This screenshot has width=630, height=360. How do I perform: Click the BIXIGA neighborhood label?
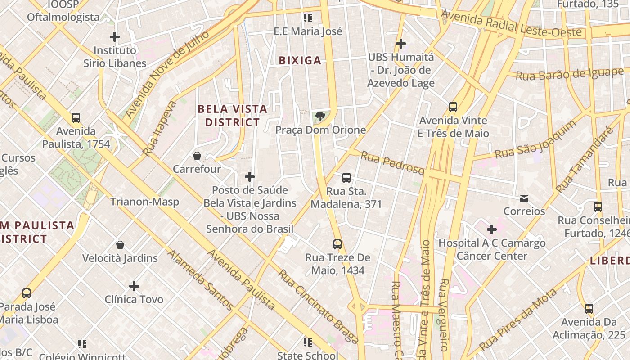tap(300, 60)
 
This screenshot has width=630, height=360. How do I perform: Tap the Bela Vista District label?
tap(232, 116)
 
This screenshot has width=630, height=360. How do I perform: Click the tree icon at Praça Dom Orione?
tap(320, 117)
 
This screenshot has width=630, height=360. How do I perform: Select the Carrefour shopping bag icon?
tap(197, 156)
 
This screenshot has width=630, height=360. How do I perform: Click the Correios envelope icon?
tap(524, 198)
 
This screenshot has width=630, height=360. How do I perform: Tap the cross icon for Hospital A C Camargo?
tap(492, 229)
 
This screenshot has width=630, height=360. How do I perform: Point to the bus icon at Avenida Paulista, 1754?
tap(76, 118)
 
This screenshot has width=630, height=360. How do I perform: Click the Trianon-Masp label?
tap(145, 202)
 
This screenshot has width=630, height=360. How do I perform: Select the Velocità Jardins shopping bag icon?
tap(120, 245)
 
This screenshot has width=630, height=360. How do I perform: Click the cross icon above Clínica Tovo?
tap(134, 286)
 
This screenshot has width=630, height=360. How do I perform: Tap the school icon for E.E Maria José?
tap(308, 18)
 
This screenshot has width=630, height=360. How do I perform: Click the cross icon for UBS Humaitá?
tap(400, 44)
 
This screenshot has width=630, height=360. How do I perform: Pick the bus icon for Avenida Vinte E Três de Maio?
tap(453, 107)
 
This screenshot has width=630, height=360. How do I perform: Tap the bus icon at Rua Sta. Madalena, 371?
tap(346, 178)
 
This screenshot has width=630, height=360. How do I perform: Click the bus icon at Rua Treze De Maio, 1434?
tap(337, 244)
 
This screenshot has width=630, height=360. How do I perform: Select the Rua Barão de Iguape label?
tap(569, 73)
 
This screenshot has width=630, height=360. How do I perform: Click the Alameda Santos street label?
tap(200, 279)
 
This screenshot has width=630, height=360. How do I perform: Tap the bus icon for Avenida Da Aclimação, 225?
tap(589, 309)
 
